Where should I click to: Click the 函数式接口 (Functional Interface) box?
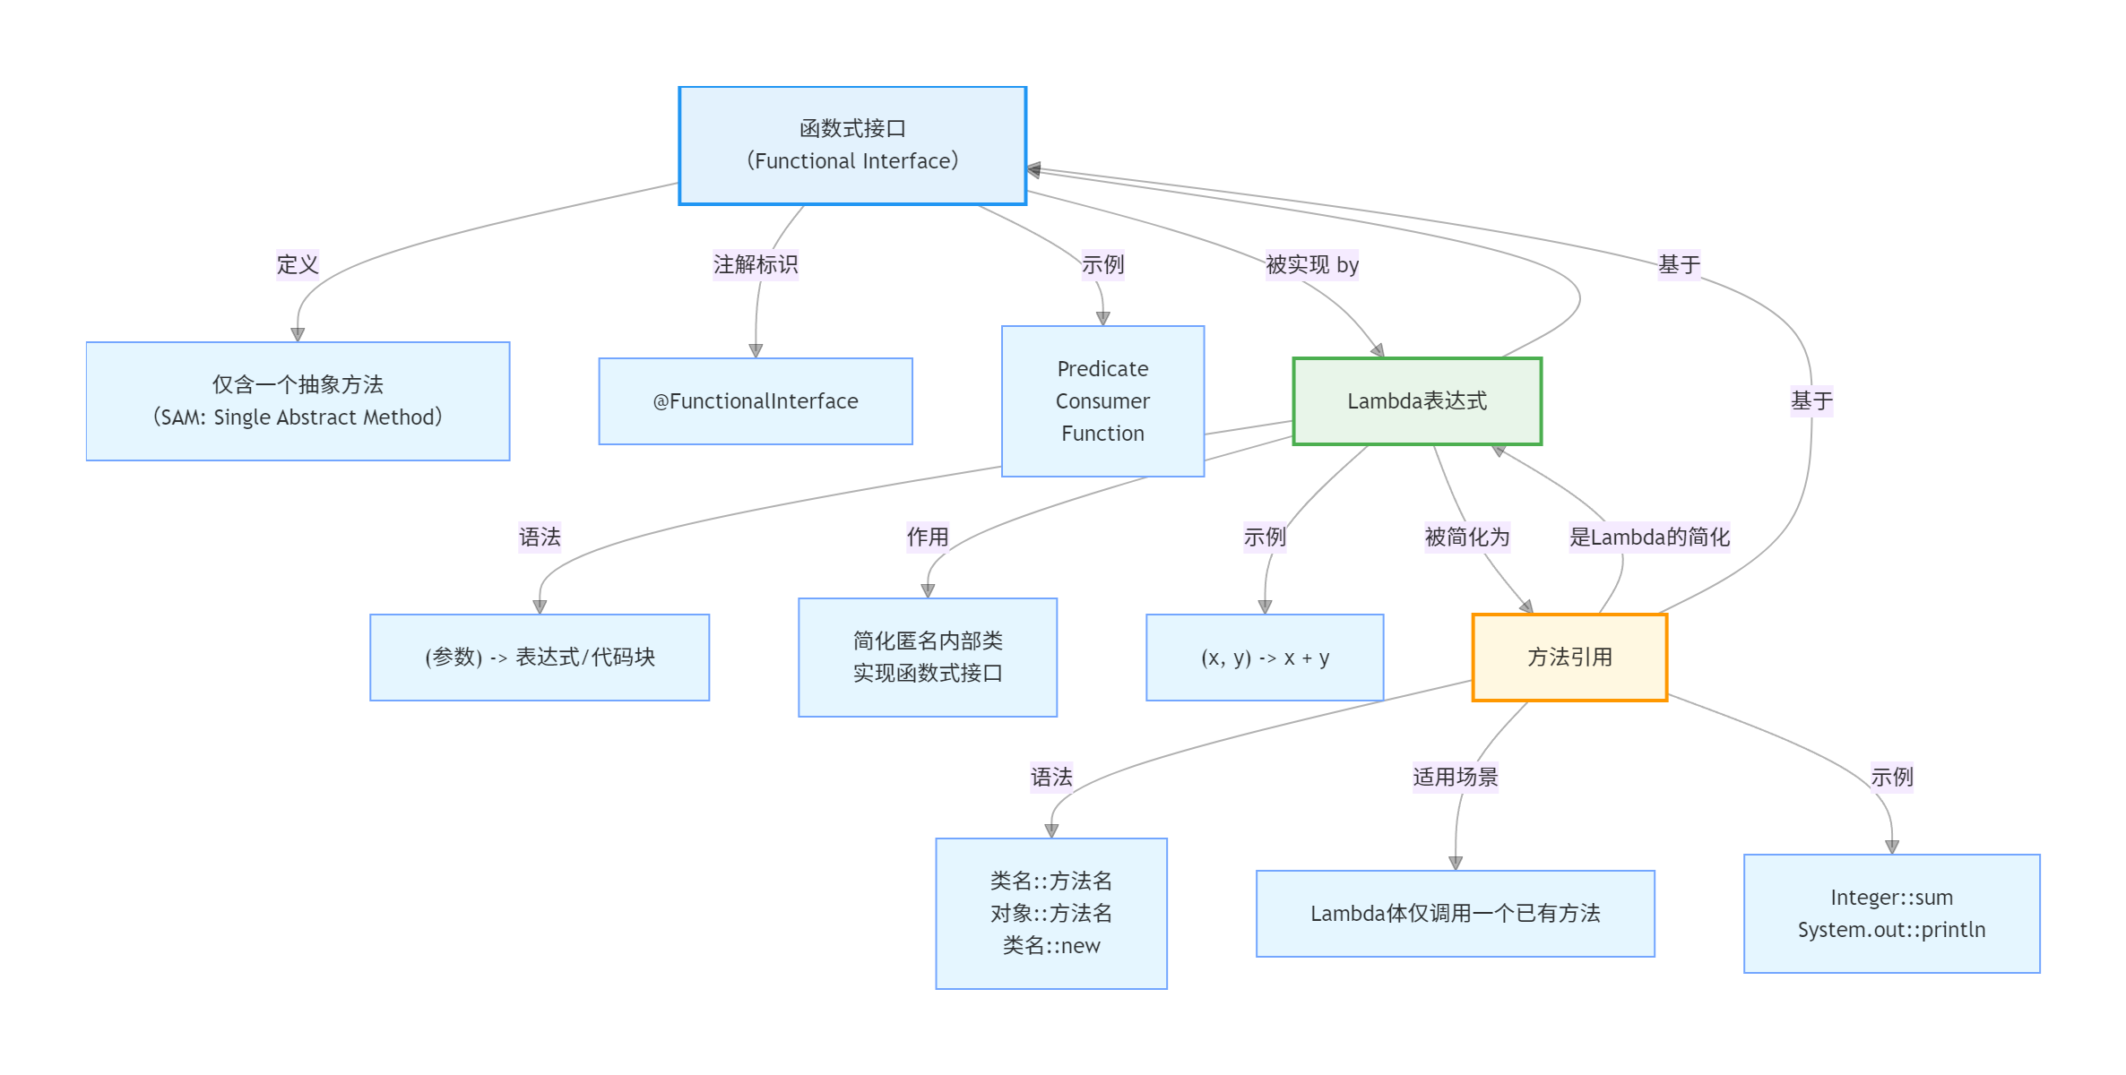coord(851,145)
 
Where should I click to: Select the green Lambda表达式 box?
coord(1416,401)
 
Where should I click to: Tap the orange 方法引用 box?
coord(1569,658)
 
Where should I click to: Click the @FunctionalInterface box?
coord(755,401)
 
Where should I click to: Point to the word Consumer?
coord(1102,401)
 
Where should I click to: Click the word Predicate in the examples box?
coord(1102,369)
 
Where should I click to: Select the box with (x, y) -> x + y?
coord(1264,658)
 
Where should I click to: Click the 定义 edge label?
coord(298,265)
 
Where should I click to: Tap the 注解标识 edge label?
coord(755,265)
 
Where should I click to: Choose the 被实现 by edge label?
coord(1311,265)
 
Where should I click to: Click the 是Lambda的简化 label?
coord(1648,537)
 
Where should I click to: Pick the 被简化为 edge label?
coord(1466,537)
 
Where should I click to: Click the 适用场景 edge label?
coord(1455,777)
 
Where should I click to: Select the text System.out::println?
coord(1891,930)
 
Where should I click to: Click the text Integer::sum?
coord(1891,898)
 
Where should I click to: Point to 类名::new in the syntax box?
coord(1050,946)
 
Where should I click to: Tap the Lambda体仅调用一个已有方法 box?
coord(1455,914)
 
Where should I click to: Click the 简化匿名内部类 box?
coord(927,658)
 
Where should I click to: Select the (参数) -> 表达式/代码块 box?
coord(539,658)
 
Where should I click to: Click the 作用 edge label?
coord(927,537)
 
